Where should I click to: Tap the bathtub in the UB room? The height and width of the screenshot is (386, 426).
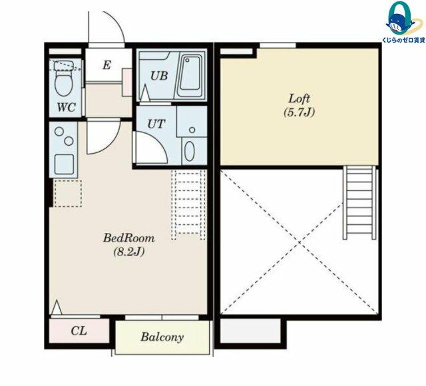coord(191,76)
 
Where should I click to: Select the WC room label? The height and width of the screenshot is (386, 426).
coord(66,108)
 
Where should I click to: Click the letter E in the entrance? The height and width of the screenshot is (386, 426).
coord(106,65)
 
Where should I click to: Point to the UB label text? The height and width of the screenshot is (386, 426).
coord(159,76)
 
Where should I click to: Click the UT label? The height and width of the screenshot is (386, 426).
coord(156,124)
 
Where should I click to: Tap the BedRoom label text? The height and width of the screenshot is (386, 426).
coord(128,238)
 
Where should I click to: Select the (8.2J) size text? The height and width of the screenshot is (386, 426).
coord(128,252)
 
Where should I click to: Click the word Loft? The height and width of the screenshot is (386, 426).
coord(299,98)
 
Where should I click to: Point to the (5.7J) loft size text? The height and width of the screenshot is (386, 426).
coord(299,112)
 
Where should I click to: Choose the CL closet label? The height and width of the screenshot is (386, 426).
coord(79,331)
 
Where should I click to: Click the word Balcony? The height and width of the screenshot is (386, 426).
coord(162,337)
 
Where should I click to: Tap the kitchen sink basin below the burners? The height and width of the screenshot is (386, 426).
coord(64,164)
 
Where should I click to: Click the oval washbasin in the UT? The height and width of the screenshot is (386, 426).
coord(189,151)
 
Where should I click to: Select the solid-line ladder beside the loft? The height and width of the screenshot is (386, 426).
coord(359,202)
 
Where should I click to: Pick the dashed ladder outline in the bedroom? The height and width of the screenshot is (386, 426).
coord(188,205)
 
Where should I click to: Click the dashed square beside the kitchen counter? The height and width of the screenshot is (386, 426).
coord(68,194)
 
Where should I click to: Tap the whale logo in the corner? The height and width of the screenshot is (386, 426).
coord(401,19)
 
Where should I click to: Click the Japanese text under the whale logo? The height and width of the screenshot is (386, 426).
coord(403,40)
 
